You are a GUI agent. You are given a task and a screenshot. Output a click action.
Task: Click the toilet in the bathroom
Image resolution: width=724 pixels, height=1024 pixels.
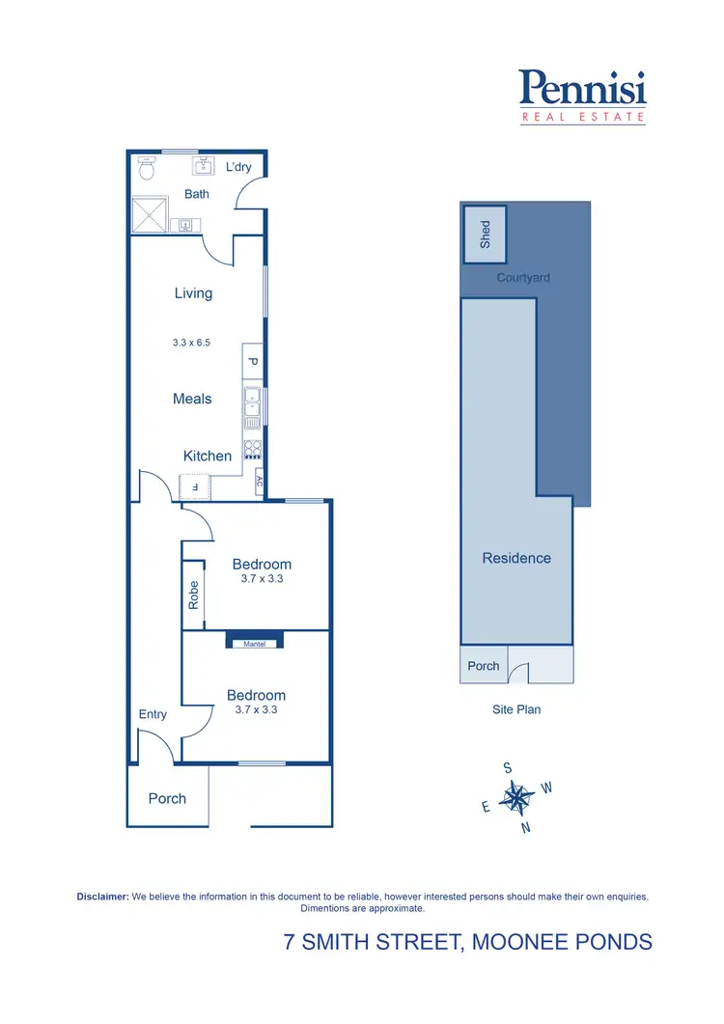tap(147, 169)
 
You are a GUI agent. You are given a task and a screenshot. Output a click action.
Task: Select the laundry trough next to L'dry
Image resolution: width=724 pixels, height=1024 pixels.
tap(203, 167)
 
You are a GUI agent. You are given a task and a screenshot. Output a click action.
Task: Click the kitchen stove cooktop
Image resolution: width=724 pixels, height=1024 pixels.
tap(252, 449)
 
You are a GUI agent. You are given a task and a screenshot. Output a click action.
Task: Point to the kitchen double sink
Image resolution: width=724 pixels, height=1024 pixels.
tap(252, 406)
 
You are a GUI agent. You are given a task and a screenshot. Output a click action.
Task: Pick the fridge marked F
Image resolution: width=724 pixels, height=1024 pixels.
tap(196, 487)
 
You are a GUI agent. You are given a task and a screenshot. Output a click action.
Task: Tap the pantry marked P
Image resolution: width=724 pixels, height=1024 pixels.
tap(252, 362)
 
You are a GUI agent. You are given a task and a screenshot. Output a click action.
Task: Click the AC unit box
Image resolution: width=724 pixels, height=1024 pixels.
tap(259, 480)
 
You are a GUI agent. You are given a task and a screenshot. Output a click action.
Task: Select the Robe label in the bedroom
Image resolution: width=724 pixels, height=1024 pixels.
tap(193, 594)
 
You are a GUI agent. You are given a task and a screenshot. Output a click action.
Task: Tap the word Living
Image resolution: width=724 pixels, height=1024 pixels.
tap(193, 293)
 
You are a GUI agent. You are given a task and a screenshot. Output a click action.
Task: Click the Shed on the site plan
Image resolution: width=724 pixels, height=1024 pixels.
tap(485, 234)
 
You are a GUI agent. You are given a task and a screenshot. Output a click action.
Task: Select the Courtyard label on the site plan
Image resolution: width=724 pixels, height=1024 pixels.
tap(523, 278)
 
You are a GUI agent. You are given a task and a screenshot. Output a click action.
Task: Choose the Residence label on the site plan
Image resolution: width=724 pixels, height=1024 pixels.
tap(516, 558)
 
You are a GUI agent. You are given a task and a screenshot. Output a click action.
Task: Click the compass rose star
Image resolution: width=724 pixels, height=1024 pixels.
tap(518, 798)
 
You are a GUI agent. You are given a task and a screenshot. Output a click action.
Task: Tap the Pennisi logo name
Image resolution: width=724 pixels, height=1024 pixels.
tap(582, 89)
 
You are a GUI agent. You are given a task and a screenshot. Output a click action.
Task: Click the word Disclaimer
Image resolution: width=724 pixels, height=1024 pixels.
tap(102, 897)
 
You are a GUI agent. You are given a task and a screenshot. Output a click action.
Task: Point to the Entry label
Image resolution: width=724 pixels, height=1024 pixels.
tap(153, 714)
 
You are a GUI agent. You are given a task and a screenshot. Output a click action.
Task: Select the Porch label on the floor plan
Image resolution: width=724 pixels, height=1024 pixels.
tap(167, 798)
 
